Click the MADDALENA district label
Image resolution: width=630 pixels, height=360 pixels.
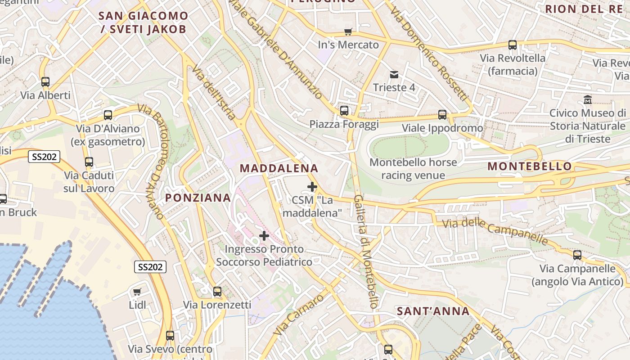point(279,168)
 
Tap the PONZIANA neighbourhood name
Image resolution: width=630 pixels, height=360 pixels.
point(198,198)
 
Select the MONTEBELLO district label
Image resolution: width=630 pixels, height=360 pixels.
point(530,166)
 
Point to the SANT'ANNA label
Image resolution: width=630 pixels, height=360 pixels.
point(433,311)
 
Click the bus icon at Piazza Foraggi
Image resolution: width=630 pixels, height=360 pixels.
point(344,110)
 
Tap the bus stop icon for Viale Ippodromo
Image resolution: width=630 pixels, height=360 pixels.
point(442,115)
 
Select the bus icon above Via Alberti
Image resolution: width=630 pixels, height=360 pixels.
point(45,82)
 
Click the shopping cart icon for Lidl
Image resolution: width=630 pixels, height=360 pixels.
point(137,292)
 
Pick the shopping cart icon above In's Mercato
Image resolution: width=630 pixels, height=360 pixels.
point(348,31)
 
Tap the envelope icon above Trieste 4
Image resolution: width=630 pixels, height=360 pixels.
point(394,74)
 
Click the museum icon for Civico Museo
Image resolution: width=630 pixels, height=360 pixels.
point(587,99)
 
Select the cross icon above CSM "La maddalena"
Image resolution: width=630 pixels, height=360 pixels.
point(312,186)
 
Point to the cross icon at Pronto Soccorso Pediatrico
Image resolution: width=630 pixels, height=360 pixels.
point(264,236)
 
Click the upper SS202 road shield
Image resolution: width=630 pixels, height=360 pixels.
point(44,157)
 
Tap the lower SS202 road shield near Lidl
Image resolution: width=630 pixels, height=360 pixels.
point(150,267)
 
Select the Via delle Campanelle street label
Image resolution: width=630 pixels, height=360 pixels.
point(495,231)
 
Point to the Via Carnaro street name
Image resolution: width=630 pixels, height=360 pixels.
point(299,315)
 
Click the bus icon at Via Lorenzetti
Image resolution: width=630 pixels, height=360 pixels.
point(217,292)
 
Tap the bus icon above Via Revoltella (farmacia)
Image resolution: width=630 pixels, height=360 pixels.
point(513,45)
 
